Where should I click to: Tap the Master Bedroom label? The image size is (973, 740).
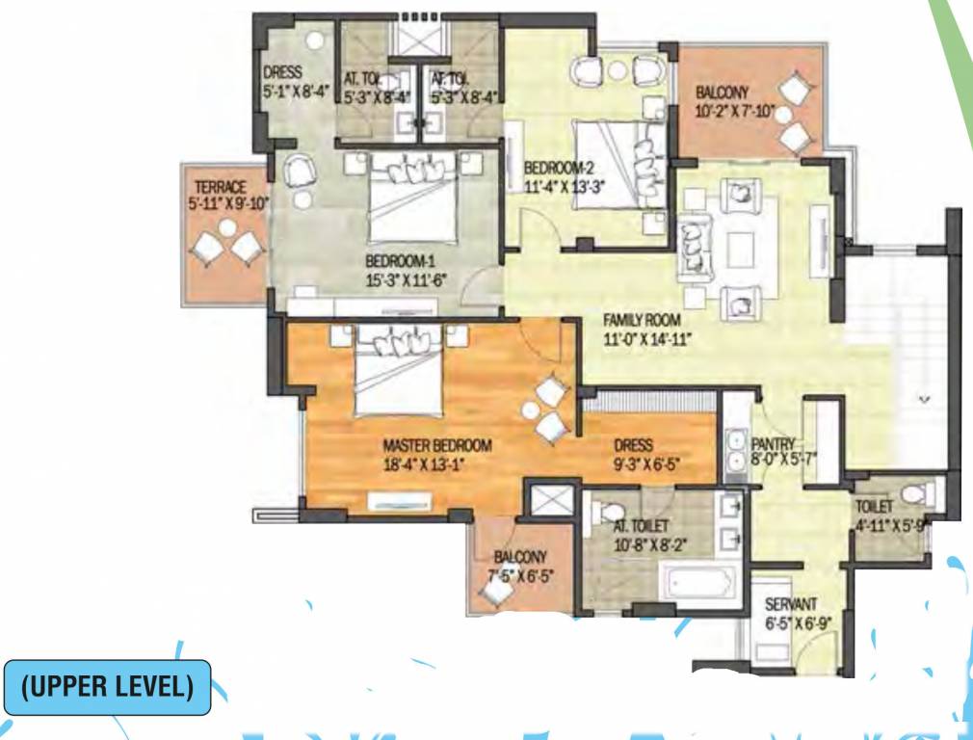point(437,446)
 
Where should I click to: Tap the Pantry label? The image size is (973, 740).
point(774,444)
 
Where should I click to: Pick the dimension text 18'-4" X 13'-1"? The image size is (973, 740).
point(432,462)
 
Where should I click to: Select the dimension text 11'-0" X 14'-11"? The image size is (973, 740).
point(647,337)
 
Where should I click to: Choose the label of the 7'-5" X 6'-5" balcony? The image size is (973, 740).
point(520,557)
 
